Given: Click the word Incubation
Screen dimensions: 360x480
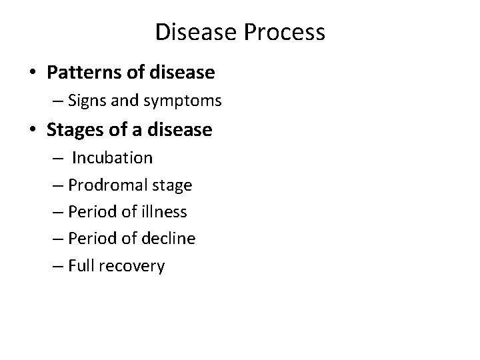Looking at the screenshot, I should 113,158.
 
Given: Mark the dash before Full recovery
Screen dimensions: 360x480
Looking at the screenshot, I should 55,266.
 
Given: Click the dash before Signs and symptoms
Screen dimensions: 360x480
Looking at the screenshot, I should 55,101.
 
